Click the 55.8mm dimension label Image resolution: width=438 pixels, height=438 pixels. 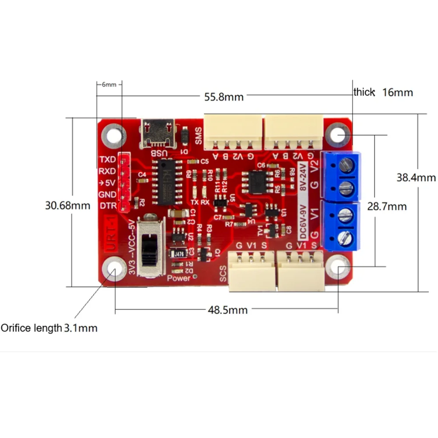click(x=223, y=97)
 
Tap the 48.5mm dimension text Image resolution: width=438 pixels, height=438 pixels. click(x=227, y=310)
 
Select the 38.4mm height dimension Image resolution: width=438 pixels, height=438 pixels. click(x=416, y=178)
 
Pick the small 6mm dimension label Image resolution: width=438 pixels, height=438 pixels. click(x=109, y=85)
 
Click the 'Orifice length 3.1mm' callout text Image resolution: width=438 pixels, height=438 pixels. click(x=49, y=328)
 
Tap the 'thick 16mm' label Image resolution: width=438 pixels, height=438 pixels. click(x=383, y=92)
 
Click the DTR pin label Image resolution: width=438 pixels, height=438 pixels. click(x=108, y=206)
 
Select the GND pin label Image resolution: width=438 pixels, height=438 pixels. click(x=108, y=194)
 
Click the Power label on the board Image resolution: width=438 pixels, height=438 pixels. click(x=179, y=278)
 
